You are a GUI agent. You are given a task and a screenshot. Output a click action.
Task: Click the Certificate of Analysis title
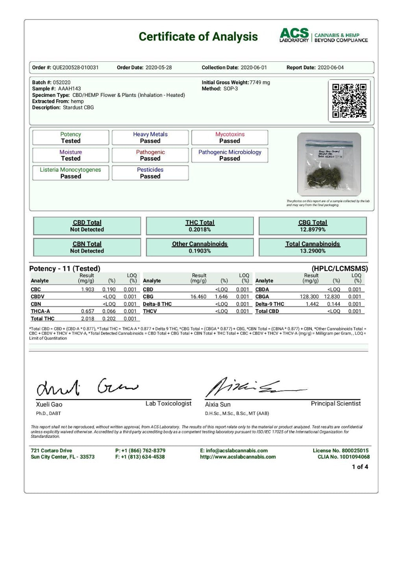click(x=198, y=37)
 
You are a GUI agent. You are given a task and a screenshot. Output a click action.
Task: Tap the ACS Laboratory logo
click(x=324, y=35)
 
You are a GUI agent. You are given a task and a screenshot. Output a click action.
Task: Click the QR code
click(x=349, y=100)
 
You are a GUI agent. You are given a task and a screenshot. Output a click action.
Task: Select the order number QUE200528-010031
click(x=76, y=68)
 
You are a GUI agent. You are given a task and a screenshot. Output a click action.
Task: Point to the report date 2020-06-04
click(x=331, y=68)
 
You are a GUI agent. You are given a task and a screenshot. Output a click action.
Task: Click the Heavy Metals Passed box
click(x=150, y=137)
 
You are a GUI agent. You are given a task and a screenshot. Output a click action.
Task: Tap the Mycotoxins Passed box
click(x=229, y=137)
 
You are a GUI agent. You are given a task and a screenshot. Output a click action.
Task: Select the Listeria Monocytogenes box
click(x=70, y=173)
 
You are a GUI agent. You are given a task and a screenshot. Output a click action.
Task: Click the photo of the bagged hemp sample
click(x=329, y=164)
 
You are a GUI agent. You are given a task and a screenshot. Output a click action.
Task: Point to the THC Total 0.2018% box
click(x=200, y=226)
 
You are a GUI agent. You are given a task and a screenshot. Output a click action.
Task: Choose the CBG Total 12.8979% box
click(x=312, y=226)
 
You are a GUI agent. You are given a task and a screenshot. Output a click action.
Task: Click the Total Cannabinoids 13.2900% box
click(x=312, y=247)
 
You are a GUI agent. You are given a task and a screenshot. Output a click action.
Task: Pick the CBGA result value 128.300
click(x=309, y=297)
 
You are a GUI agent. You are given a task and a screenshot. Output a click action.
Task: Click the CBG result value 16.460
click(x=198, y=297)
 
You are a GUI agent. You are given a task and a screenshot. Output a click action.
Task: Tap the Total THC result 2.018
click(x=87, y=319)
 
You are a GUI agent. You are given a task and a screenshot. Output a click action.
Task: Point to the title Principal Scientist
click(x=335, y=403)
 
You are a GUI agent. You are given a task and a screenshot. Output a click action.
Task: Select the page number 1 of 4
click(x=360, y=467)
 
